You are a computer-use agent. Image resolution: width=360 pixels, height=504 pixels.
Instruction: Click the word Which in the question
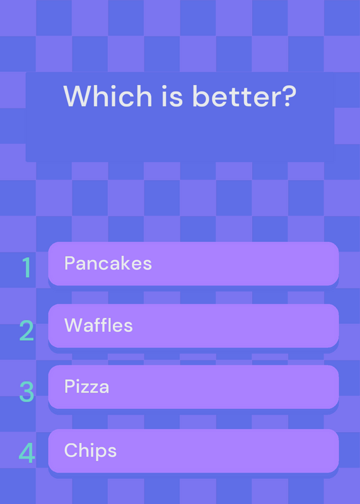point(107,96)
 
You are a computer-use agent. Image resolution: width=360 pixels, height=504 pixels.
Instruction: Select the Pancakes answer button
point(194,263)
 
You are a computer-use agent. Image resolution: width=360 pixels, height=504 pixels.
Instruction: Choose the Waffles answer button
point(194,326)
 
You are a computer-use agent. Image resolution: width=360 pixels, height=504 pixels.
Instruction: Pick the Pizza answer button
point(194,387)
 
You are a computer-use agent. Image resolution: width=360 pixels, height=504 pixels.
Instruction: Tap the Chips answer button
point(194,450)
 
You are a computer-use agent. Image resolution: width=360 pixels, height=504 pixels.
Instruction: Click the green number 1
point(26,267)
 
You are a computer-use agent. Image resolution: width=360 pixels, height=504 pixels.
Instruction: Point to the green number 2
point(26,330)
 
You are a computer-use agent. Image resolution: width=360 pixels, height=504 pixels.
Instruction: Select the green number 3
point(26,392)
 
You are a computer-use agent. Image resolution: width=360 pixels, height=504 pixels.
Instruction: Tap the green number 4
point(26,453)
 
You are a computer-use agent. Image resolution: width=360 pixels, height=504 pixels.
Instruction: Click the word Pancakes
point(108,263)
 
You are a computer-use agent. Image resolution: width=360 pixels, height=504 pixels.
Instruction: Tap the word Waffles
point(98,325)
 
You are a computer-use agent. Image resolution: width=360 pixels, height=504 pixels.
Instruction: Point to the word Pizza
point(86,386)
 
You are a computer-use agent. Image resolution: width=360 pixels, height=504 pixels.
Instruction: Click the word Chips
point(90,450)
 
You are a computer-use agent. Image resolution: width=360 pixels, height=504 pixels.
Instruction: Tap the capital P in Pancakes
point(70,263)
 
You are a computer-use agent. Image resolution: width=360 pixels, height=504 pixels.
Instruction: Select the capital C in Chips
point(71,450)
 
